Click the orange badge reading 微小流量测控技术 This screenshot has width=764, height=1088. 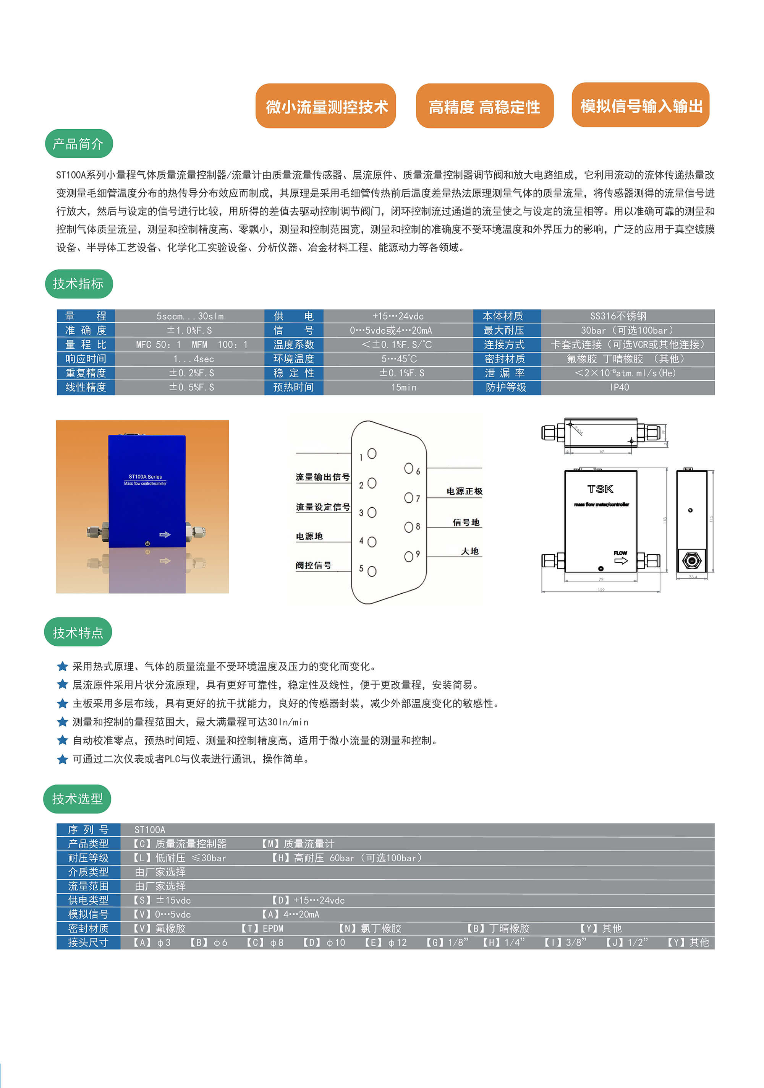pyautogui.click(x=325, y=106)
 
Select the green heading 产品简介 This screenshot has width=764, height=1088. pyautogui.click(x=79, y=144)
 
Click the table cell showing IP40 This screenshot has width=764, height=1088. pyautogui.click(x=619, y=387)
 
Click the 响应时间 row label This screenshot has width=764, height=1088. pyautogui.click(x=86, y=359)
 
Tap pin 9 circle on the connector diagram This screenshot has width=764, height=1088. pyautogui.click(x=408, y=556)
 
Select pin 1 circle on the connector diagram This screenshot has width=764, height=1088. pyautogui.click(x=372, y=454)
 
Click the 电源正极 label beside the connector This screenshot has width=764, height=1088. pyautogui.click(x=464, y=491)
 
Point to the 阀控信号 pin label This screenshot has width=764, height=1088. pyautogui.click(x=314, y=565)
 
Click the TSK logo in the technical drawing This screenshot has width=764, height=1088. pyautogui.click(x=600, y=489)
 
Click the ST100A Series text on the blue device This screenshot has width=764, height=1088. pyautogui.click(x=145, y=477)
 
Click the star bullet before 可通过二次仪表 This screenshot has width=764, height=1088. pyautogui.click(x=62, y=759)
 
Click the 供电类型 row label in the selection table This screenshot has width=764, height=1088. pyautogui.click(x=88, y=900)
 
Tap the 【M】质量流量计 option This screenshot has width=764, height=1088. pyautogui.click(x=298, y=843)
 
